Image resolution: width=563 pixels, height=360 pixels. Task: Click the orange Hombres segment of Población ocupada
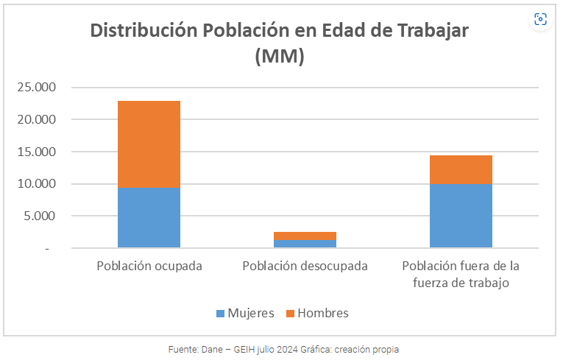(149, 144)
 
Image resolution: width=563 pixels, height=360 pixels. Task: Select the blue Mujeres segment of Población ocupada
(149, 218)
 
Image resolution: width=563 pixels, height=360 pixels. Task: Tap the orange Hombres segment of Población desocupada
(305, 236)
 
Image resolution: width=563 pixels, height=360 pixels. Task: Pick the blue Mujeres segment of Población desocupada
(305, 244)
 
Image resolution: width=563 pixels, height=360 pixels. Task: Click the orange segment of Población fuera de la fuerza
(461, 169)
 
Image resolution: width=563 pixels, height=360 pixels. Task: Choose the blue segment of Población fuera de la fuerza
(461, 216)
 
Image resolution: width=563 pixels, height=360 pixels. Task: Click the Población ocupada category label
(149, 265)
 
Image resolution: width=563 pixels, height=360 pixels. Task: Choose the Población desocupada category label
(305, 265)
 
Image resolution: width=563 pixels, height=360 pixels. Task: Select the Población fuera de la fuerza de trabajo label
(461, 273)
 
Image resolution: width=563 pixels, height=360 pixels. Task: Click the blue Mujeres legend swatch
(220, 314)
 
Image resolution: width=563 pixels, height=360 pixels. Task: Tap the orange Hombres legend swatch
(290, 314)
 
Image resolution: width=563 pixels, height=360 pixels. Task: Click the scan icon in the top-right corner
(541, 19)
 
